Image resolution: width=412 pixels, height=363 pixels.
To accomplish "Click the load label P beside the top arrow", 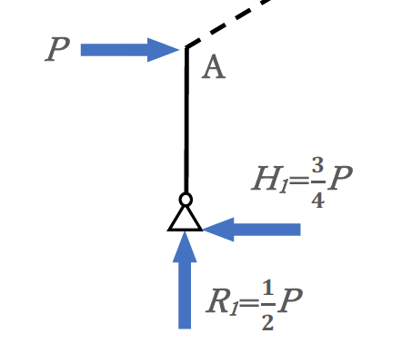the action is [x=57, y=49].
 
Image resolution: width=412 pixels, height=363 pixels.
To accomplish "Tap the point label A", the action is [x=214, y=67].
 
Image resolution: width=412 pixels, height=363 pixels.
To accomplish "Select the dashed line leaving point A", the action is [x=227, y=24].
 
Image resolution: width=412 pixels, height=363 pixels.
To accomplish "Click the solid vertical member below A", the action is [x=186, y=120].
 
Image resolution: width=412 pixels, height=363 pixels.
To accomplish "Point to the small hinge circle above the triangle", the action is [x=186, y=200].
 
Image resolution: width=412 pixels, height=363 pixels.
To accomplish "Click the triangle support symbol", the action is [x=185, y=219].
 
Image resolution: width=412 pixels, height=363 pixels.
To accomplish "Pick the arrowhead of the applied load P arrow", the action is [x=163, y=50].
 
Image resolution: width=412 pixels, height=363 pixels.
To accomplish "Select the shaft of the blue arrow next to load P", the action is [x=115, y=50].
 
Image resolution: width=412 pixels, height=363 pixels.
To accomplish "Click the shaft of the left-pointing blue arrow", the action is [x=266, y=230].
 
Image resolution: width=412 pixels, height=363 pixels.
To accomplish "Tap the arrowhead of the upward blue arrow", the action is [x=185, y=247].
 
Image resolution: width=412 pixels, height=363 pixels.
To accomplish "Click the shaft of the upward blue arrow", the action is [x=185, y=295].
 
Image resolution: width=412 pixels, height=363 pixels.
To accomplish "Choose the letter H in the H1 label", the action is [x=267, y=179].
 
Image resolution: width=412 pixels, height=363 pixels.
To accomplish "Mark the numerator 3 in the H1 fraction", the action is [x=317, y=165].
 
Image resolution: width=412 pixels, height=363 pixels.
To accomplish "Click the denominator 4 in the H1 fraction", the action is [x=318, y=200].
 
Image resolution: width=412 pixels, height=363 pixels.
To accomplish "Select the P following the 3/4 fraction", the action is [x=340, y=178].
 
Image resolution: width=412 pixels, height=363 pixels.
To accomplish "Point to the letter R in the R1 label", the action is [x=217, y=300].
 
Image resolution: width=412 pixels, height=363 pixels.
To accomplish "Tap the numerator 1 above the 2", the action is [x=268, y=288].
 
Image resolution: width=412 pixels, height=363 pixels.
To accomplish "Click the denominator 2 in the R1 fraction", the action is [x=268, y=322].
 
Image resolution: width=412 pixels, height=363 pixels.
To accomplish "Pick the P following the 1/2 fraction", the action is [x=290, y=300].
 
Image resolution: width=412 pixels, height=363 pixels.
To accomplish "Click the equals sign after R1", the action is [x=249, y=303].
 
